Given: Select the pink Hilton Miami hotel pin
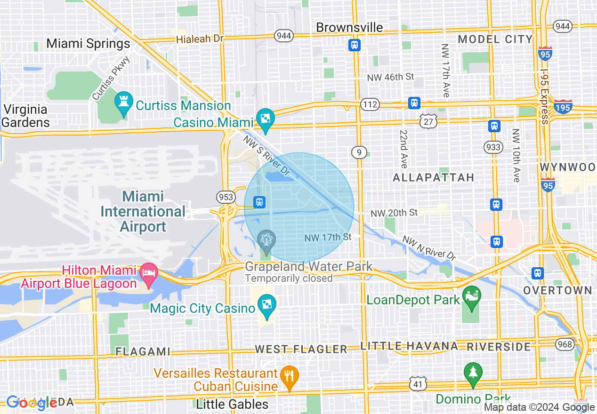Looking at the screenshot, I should (149, 274).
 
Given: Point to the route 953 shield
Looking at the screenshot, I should (226, 197).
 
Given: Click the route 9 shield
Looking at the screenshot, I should (359, 152).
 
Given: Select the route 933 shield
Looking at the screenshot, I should (493, 147).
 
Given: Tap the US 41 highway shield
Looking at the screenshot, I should (418, 383).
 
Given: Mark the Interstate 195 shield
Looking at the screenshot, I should (563, 107).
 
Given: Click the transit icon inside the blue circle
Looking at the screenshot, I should (259, 202).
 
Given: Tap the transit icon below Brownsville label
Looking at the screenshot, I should (354, 45).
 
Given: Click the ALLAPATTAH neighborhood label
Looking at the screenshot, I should (433, 177).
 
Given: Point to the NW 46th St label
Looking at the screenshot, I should (390, 77).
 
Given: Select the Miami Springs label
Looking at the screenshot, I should (88, 44).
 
